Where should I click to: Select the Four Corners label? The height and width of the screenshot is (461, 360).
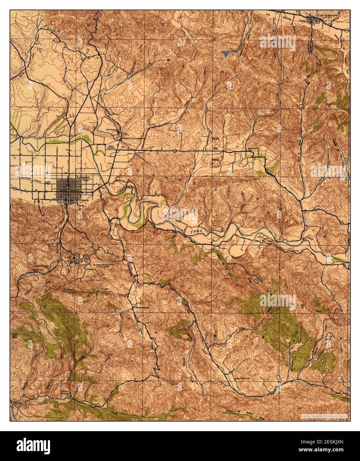click(x=109, y=147)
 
